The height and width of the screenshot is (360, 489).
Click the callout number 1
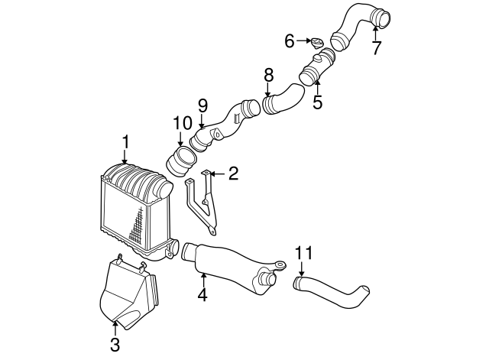125,142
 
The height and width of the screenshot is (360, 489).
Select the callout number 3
115,345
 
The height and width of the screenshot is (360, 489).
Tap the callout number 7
377,47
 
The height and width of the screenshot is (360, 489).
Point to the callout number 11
303,253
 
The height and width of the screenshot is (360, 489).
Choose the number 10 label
183,123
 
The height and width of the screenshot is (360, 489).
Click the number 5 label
317,102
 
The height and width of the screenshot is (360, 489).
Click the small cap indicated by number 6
317,43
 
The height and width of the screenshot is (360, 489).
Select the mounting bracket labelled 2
202,203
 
